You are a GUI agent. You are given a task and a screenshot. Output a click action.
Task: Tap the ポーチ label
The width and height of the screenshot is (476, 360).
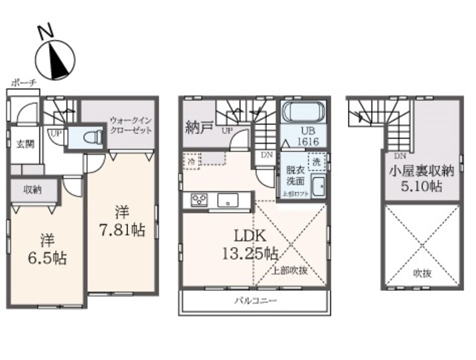click(x=24, y=85)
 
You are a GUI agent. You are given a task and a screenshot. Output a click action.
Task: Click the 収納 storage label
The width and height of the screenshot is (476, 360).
click(x=30, y=190)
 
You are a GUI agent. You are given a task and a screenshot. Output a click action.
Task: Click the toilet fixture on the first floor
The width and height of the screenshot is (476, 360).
click(x=91, y=138)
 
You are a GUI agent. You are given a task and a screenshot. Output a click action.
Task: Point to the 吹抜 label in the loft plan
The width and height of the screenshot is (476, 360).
click(x=422, y=271)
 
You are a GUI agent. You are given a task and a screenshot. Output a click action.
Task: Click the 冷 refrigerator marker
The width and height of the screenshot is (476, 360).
click(x=192, y=160)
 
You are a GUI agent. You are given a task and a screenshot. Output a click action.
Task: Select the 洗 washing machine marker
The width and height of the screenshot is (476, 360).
click(x=315, y=161)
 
